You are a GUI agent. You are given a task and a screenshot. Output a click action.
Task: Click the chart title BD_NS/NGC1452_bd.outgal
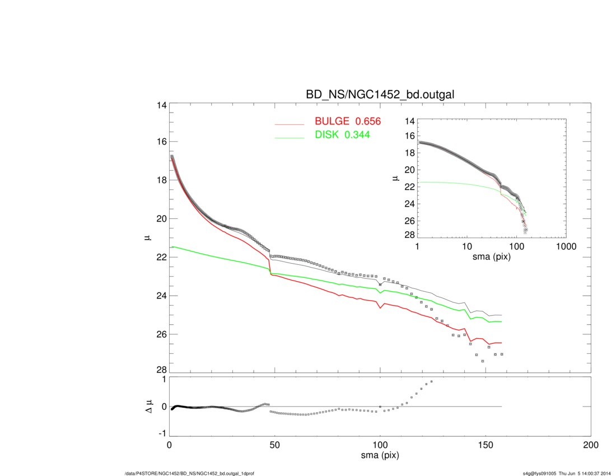pos(380,95)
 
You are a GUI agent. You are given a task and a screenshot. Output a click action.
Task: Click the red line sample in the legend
pos(289,124)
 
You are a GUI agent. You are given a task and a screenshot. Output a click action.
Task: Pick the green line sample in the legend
pos(289,138)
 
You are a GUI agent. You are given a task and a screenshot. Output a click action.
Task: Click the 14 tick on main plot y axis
pos(160,105)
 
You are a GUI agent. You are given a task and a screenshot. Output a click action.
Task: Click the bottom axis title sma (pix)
pos(380,456)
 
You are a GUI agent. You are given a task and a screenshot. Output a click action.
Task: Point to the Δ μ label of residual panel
pos(148,406)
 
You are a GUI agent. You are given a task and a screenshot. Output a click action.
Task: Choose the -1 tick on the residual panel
pos(162,433)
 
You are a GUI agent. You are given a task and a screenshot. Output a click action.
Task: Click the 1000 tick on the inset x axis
pos(566,246)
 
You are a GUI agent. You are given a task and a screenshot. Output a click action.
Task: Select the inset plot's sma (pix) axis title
pos(492,257)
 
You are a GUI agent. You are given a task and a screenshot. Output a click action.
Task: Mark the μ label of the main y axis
pos(147,237)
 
